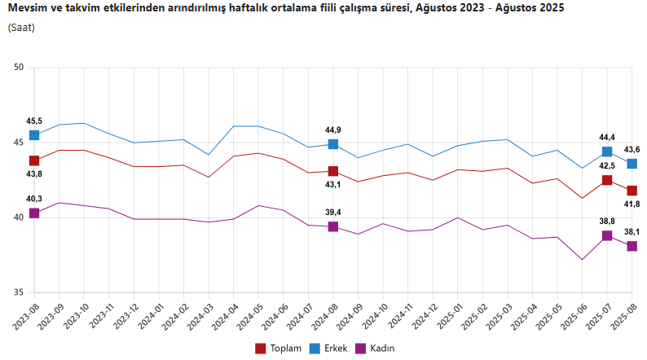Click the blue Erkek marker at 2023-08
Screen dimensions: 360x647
click(x=34, y=135)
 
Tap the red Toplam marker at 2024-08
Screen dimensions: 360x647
click(x=333, y=171)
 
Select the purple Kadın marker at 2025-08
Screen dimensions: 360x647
click(x=632, y=246)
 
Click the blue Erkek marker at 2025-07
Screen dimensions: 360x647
click(x=607, y=151)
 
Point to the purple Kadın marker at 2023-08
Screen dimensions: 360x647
click(x=34, y=213)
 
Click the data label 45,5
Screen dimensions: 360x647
click(x=34, y=121)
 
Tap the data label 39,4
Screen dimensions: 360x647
click(x=333, y=213)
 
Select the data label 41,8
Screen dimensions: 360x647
click(x=632, y=204)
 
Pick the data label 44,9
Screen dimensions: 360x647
click(x=333, y=130)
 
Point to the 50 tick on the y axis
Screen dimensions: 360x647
click(x=18, y=68)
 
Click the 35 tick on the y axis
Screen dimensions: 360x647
click(x=18, y=293)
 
